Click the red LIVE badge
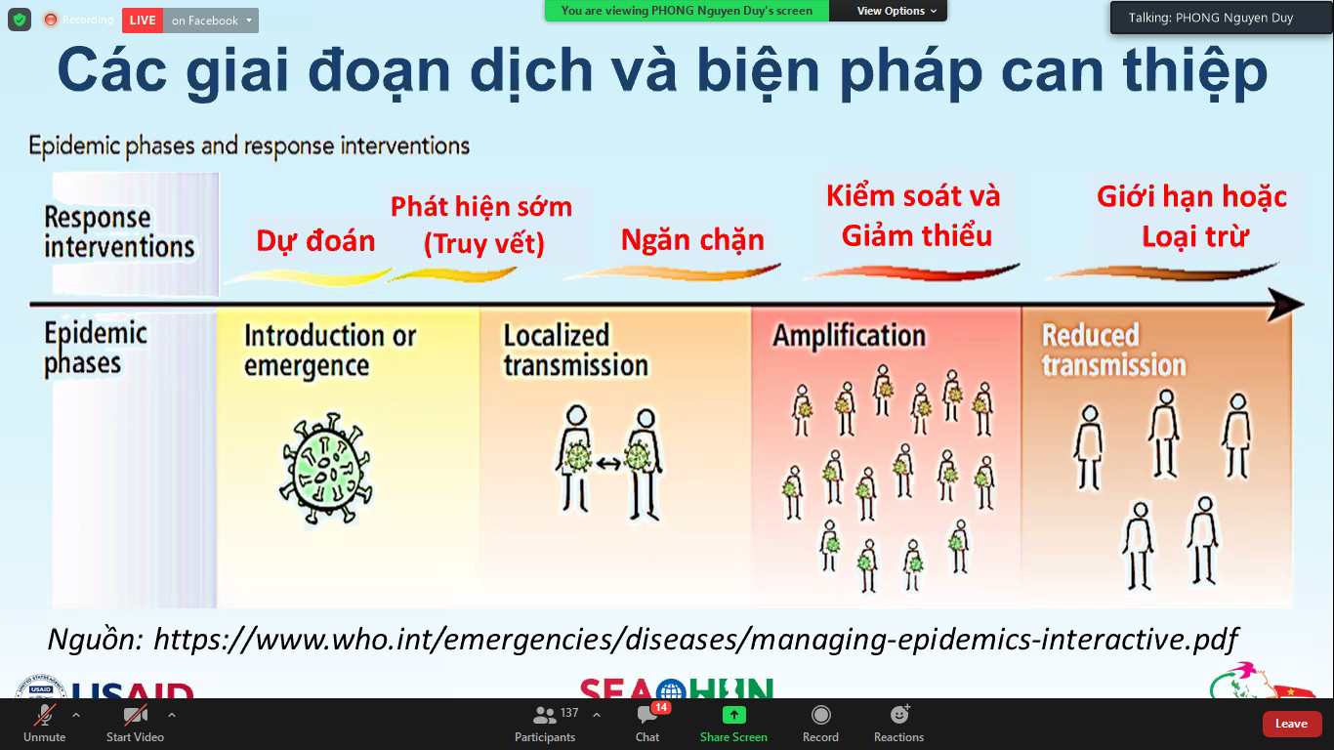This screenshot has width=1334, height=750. pos(143,21)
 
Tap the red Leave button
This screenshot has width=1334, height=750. pos(1291,724)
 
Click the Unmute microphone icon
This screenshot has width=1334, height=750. pos(45,714)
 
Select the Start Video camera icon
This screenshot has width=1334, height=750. pos(135,714)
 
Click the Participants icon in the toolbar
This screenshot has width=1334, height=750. pos(544,714)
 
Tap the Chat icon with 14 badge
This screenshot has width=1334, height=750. pos(647,714)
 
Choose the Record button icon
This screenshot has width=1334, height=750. pos(820,714)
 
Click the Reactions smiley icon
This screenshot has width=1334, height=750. pos(899,714)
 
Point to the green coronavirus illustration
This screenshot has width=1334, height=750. pos(326,469)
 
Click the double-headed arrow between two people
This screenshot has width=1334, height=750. pos(608,463)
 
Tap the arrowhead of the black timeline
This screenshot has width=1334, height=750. pos(1286,305)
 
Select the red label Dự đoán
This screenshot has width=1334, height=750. pos(315,240)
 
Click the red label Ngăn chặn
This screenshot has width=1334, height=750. pos(692,239)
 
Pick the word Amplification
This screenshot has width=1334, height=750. pos(850,335)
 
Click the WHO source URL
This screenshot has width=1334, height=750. pos(695,639)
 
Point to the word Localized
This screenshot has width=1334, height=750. pos(557,335)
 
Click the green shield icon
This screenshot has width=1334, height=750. pos(20,20)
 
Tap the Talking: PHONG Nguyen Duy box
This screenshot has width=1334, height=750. pos(1211,18)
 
